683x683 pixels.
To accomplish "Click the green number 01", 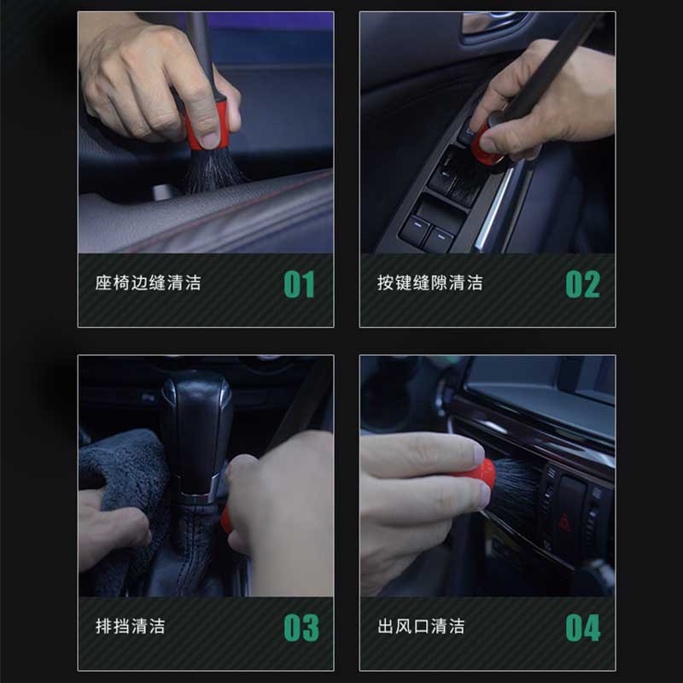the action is click(300, 284).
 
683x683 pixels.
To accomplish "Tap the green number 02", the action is click(583, 284).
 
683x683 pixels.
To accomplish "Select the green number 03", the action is click(301, 628).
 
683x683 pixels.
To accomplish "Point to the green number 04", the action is click(583, 628).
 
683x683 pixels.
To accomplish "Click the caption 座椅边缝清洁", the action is click(148, 283).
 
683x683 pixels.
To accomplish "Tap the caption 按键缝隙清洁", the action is click(430, 283).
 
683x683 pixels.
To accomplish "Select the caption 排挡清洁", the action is click(131, 627).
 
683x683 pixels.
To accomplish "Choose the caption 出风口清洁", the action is click(421, 627).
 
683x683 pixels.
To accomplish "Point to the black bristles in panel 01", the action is click(211, 171).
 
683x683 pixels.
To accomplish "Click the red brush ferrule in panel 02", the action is click(484, 142).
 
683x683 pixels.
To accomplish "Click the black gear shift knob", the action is click(197, 431).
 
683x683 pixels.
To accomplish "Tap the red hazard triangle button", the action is click(564, 522).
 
